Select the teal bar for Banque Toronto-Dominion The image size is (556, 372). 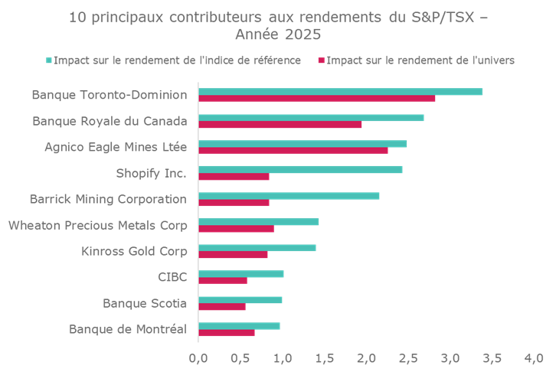(340, 92)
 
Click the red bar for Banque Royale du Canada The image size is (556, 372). (280, 125)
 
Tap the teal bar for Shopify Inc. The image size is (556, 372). (300, 169)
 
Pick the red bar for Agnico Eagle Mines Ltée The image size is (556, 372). (293, 151)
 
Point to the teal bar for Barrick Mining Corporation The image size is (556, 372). (289, 196)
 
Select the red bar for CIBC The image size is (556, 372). (223, 281)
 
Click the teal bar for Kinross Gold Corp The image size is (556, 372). (257, 248)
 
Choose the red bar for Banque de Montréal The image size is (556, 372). (227, 333)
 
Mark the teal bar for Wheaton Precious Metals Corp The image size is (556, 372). (258, 222)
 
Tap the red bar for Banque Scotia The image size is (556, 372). (222, 307)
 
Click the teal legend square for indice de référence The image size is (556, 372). (49, 60)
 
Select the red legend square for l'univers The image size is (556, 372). (322, 60)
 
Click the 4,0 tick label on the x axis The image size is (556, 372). (533, 357)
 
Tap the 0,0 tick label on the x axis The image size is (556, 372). (198, 357)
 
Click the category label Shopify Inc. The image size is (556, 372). (151, 173)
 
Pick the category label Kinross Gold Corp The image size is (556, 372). (134, 251)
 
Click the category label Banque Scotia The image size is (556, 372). (145, 303)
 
